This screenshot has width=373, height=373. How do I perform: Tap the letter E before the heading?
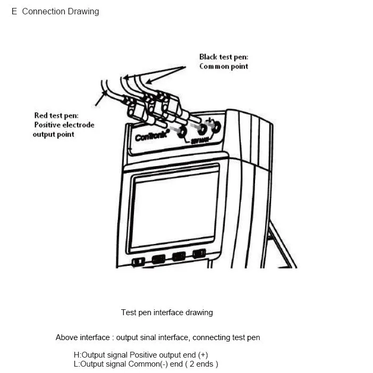coord(14,11)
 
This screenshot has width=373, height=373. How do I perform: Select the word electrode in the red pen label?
coord(79,125)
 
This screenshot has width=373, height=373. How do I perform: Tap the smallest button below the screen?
coord(138,261)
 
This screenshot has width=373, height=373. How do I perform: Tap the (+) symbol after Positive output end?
coord(202,355)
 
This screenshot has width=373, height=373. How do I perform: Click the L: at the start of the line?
coord(77,364)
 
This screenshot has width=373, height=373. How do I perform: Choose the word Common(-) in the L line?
coord(169,364)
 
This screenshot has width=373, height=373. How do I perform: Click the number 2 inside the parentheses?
coord(200,364)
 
